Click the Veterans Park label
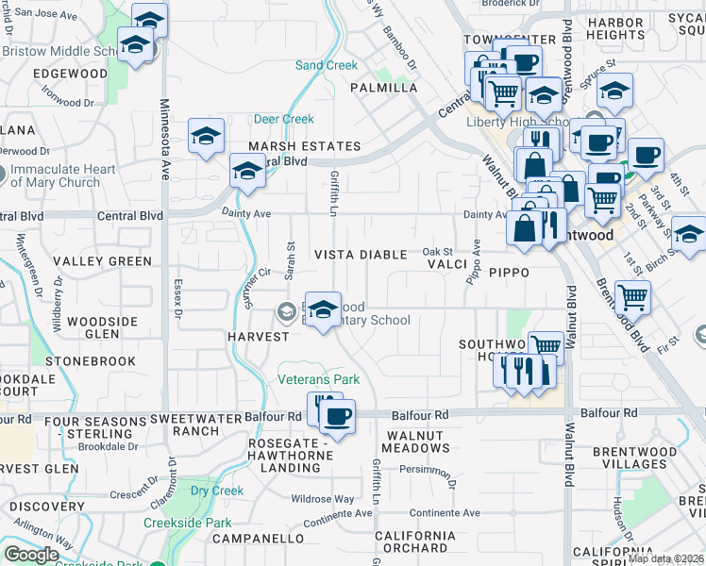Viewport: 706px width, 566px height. (318, 379)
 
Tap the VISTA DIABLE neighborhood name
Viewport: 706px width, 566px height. (361, 255)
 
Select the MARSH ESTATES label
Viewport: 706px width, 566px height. (304, 146)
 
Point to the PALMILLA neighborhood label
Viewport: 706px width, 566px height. (383, 88)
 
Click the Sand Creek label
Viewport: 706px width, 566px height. (327, 66)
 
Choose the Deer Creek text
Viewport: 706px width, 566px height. (283, 120)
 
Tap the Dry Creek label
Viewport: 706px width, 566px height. (217, 491)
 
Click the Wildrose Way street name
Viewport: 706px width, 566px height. (323, 498)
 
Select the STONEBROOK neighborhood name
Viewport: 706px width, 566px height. (90, 360)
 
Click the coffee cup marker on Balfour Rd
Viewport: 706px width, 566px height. (340, 413)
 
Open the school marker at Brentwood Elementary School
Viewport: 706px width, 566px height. (323, 309)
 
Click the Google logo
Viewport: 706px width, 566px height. (31, 555)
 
